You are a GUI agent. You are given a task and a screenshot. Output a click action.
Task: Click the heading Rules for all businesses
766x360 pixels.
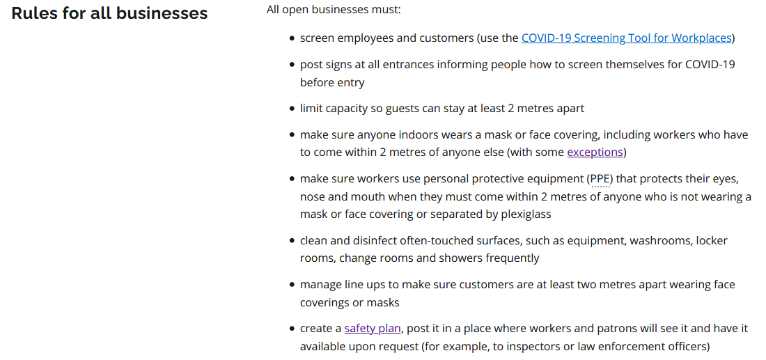[109, 13]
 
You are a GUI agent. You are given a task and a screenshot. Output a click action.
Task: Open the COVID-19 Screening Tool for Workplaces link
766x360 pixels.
[626, 38]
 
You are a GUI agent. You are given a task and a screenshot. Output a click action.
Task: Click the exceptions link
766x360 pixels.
[595, 152]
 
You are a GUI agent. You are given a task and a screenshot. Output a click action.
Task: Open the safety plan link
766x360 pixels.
[373, 329]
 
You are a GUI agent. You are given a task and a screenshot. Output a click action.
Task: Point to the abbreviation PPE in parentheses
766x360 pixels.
[601, 179]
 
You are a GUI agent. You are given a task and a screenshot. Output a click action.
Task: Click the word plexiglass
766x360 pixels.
[526, 214]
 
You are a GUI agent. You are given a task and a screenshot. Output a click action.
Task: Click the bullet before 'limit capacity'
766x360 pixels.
[292, 109]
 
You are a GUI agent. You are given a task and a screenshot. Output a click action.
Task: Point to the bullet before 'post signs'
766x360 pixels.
[292, 65]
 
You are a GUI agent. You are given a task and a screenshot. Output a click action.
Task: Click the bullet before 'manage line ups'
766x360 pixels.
[292, 285]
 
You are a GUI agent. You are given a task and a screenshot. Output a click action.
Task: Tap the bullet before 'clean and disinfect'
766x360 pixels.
[292, 241]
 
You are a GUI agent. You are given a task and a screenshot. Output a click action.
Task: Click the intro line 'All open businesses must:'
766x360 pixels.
[334, 10]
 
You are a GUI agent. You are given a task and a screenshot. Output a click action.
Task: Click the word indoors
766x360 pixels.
[399, 134]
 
